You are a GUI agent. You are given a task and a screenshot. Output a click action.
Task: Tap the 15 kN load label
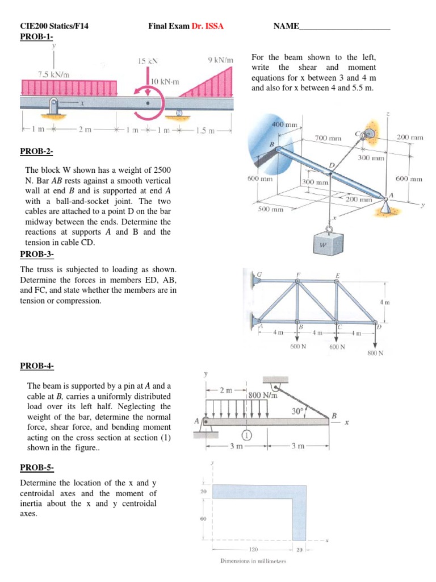[x=148, y=60]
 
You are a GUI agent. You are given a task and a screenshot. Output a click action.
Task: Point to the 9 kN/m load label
[x=221, y=59]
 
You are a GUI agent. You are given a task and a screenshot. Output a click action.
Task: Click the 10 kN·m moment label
[x=165, y=82]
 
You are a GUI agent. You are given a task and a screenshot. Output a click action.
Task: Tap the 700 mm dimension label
[x=328, y=138]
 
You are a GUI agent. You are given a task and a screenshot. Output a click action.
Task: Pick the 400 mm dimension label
[x=285, y=124]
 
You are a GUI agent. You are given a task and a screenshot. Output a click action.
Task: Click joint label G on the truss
[x=259, y=275]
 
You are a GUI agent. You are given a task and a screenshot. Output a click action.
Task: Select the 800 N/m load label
[x=262, y=395]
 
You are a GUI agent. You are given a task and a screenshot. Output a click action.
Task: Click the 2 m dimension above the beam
[x=225, y=390]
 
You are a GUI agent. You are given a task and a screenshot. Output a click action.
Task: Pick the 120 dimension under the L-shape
[x=254, y=550]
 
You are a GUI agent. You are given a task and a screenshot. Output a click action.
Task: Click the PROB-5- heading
[x=37, y=468]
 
